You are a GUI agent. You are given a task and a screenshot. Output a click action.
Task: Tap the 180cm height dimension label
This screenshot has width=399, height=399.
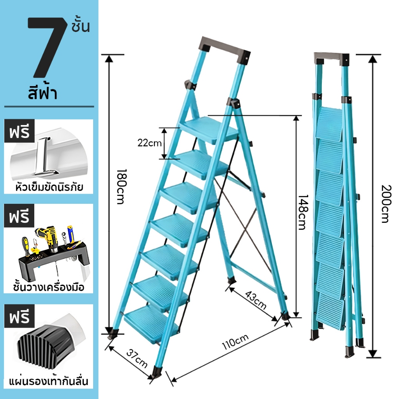point(120,187)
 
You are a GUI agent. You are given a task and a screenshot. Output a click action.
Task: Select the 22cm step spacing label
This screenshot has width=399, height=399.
point(149,143)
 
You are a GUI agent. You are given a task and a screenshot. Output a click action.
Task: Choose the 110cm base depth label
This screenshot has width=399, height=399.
point(235,342)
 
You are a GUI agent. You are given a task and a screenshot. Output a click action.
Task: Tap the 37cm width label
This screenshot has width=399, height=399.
point(137,358)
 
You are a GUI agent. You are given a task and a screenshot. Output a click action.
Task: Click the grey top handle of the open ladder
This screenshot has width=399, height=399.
point(225,49)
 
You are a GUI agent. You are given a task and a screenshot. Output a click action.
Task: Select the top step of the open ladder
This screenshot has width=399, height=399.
point(209,130)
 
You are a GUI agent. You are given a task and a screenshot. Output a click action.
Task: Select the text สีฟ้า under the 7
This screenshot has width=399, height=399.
point(43,93)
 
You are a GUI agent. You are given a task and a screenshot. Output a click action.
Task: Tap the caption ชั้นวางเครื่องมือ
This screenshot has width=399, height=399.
point(49,287)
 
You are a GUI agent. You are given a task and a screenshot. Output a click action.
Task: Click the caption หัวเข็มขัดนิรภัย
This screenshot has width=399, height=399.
point(49,187)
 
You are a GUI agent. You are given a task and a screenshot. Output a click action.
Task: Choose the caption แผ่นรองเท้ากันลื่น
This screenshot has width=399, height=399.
point(49,381)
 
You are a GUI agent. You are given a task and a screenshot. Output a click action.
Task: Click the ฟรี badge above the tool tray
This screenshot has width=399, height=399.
point(19,216)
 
